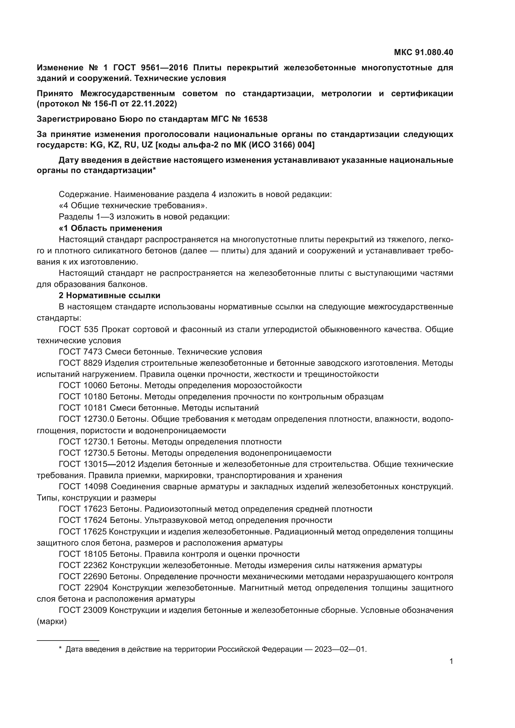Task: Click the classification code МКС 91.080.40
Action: tap(423, 52)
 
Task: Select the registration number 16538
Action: tap(256, 119)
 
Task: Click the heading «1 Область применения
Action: tap(110, 228)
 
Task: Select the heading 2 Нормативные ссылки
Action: tap(109, 295)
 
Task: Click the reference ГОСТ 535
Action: tap(79, 329)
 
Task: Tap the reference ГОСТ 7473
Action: tap(81, 352)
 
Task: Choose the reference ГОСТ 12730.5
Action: tap(86, 453)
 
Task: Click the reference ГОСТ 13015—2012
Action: tap(97, 464)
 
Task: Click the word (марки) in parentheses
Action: tap(52, 622)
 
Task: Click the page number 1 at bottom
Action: tap(451, 661)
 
